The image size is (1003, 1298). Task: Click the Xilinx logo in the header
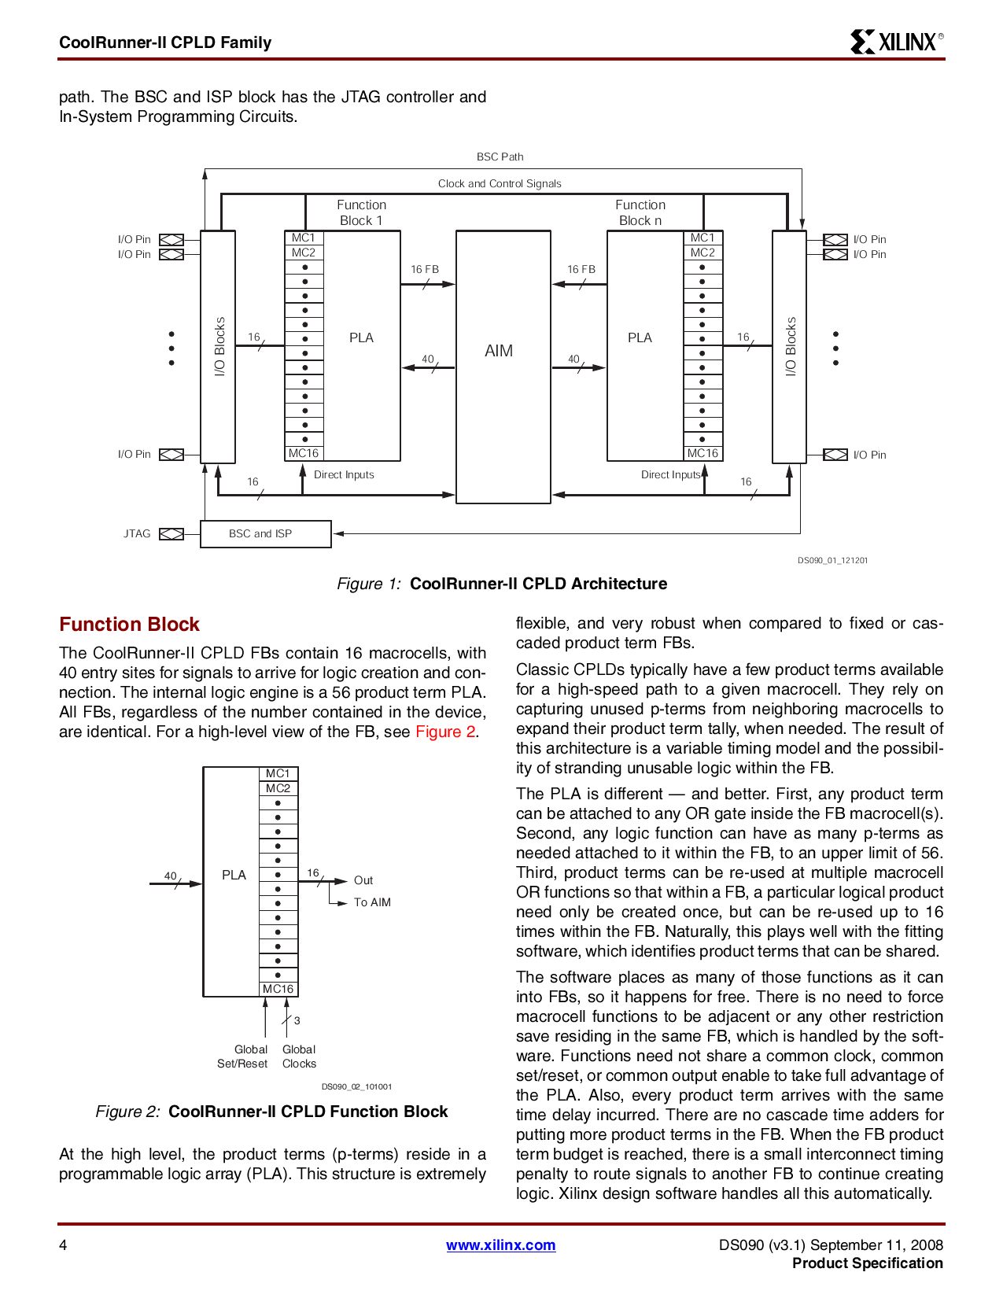896,42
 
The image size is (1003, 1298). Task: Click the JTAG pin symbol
171,534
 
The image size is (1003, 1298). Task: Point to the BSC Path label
500,157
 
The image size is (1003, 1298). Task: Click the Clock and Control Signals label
500,183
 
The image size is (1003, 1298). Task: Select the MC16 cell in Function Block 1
304,453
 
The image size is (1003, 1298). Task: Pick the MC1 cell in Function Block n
702,238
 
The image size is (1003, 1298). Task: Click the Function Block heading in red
129,624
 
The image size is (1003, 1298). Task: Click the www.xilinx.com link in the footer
500,1245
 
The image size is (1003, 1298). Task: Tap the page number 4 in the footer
63,1245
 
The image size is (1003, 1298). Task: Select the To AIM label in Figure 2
372,902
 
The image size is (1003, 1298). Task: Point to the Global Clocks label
299,1056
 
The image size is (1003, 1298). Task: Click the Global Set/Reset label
243,1056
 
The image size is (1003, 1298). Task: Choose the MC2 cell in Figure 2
278,788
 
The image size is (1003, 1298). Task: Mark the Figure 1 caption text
501,584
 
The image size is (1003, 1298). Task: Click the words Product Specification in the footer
867,1263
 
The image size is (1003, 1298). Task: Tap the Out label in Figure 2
363,880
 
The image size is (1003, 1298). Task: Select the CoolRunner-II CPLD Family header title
165,42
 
